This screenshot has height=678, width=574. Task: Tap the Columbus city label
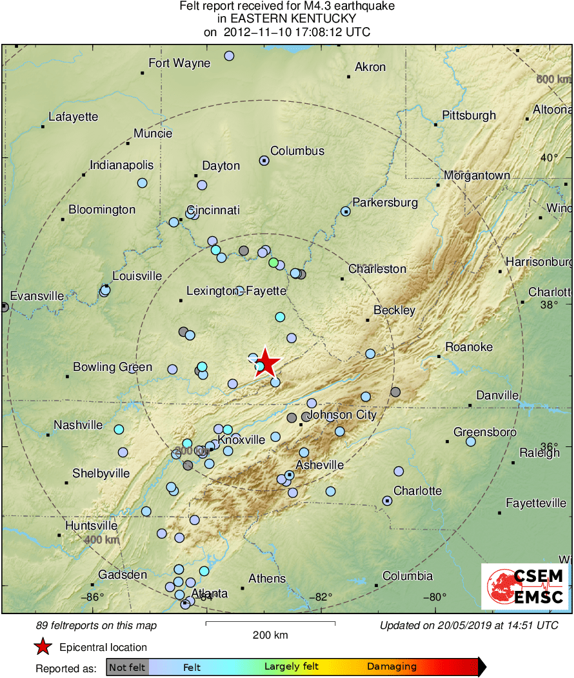tap(297, 151)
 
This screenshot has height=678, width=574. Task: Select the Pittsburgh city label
tap(469, 115)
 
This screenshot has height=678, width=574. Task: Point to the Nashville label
tap(78, 425)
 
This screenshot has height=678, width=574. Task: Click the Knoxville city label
tap(241, 440)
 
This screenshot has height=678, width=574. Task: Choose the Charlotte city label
tap(417, 491)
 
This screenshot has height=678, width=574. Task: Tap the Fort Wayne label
tap(179, 63)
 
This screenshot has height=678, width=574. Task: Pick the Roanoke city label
tap(469, 347)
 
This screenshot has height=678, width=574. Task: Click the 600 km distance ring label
tap(554, 79)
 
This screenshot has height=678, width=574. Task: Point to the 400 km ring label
tap(101, 539)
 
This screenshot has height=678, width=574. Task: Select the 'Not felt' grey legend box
tap(127, 667)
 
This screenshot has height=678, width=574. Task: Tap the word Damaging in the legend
tap(391, 667)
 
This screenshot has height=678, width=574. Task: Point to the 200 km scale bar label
tap(270, 635)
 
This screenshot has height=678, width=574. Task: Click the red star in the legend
tap(43, 647)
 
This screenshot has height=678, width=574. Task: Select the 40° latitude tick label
tap(549, 158)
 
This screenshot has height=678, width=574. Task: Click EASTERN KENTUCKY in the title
tap(287, 19)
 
